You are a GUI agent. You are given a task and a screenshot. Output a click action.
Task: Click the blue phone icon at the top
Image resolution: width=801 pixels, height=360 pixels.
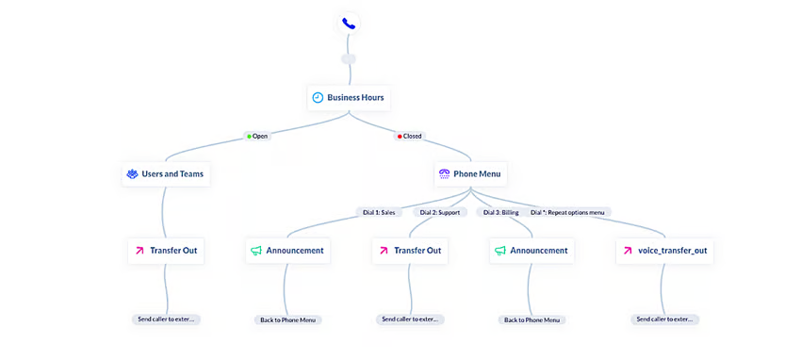click(x=349, y=24)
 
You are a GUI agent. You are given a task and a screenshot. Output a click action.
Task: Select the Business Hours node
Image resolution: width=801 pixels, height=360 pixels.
click(x=348, y=98)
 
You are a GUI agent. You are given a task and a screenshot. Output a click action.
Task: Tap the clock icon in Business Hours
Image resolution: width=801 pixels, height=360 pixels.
click(x=319, y=98)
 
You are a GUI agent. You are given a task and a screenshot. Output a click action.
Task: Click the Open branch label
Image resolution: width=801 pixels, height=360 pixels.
click(x=256, y=136)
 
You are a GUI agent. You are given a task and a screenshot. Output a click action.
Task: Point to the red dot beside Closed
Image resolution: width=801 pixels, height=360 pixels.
click(x=400, y=136)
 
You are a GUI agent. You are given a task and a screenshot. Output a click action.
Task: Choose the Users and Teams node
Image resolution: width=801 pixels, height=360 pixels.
click(x=166, y=174)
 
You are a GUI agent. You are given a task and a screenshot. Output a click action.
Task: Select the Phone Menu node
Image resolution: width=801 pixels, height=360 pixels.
click(x=470, y=174)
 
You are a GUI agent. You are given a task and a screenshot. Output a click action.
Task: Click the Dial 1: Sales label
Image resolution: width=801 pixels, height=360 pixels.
click(x=379, y=212)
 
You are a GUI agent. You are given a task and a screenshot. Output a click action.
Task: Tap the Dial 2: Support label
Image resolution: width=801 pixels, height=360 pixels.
click(x=440, y=212)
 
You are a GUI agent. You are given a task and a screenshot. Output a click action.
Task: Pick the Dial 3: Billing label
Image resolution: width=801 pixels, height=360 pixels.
click(x=500, y=212)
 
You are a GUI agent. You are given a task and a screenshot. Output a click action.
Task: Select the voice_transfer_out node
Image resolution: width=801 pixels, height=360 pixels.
click(x=664, y=251)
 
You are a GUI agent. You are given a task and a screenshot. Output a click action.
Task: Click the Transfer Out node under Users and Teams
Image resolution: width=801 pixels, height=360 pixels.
click(x=166, y=251)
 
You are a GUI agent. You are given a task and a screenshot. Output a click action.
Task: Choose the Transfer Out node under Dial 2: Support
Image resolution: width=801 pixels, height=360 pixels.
click(x=410, y=251)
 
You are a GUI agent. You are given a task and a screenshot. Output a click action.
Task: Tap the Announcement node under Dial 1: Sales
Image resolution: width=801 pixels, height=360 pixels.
click(x=287, y=251)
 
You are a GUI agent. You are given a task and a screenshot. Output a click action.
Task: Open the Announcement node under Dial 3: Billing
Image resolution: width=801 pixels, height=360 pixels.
click(x=531, y=251)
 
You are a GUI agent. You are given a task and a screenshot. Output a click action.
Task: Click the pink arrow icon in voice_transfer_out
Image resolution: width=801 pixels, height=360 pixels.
click(x=629, y=251)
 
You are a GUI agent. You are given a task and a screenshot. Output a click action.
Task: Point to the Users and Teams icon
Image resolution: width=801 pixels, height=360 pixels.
click(x=133, y=174)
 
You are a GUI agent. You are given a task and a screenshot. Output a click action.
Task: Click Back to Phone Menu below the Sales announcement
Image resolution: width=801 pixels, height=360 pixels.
click(x=287, y=320)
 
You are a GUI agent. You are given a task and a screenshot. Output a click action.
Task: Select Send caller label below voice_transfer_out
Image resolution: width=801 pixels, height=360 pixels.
click(x=664, y=319)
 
